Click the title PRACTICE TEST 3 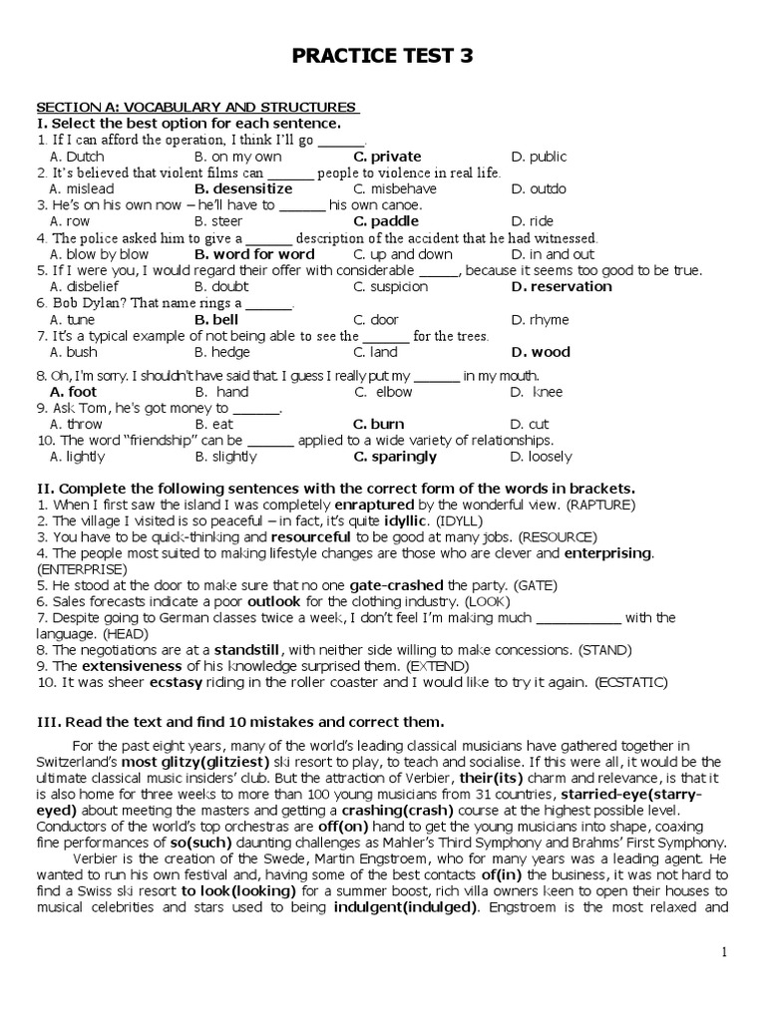(382, 58)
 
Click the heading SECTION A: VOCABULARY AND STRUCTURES (197, 107)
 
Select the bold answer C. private (387, 157)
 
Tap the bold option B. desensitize (243, 188)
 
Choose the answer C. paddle (386, 221)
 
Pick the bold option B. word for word (254, 254)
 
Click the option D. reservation (561, 287)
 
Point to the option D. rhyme (540, 320)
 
